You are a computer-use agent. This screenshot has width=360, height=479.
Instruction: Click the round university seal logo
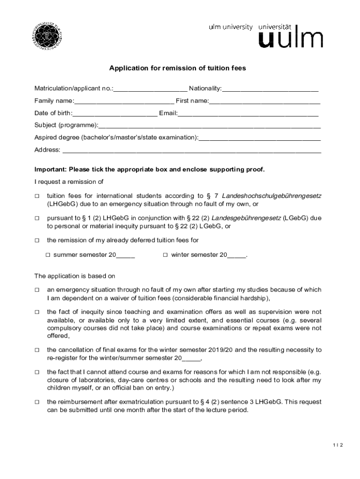[47, 36]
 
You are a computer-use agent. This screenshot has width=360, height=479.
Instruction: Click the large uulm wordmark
[290, 39]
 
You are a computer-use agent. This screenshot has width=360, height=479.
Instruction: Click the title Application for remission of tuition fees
[177, 68]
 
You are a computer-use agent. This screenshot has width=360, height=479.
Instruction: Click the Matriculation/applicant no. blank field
[150, 89]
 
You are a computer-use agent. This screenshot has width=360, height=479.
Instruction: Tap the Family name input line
[124, 101]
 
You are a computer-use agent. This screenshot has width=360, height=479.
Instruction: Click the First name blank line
[265, 101]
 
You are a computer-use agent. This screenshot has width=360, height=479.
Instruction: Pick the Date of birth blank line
[115, 113]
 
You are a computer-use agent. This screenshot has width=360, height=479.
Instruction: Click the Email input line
[248, 113]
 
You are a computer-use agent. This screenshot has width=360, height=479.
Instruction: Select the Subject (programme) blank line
[209, 125]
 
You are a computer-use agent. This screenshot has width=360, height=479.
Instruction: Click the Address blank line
[192, 150]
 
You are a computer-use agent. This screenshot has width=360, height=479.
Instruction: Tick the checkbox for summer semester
[48, 255]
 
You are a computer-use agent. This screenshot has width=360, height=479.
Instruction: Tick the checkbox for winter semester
[166, 255]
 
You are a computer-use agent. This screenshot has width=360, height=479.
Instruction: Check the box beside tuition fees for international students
[37, 196]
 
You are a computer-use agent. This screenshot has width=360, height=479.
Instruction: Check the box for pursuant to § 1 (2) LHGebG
[37, 218]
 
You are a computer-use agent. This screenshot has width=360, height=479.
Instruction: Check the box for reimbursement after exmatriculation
[37, 402]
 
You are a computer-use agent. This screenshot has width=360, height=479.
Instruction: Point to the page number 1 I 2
[338, 445]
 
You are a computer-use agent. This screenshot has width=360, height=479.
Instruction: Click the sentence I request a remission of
[69, 181]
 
